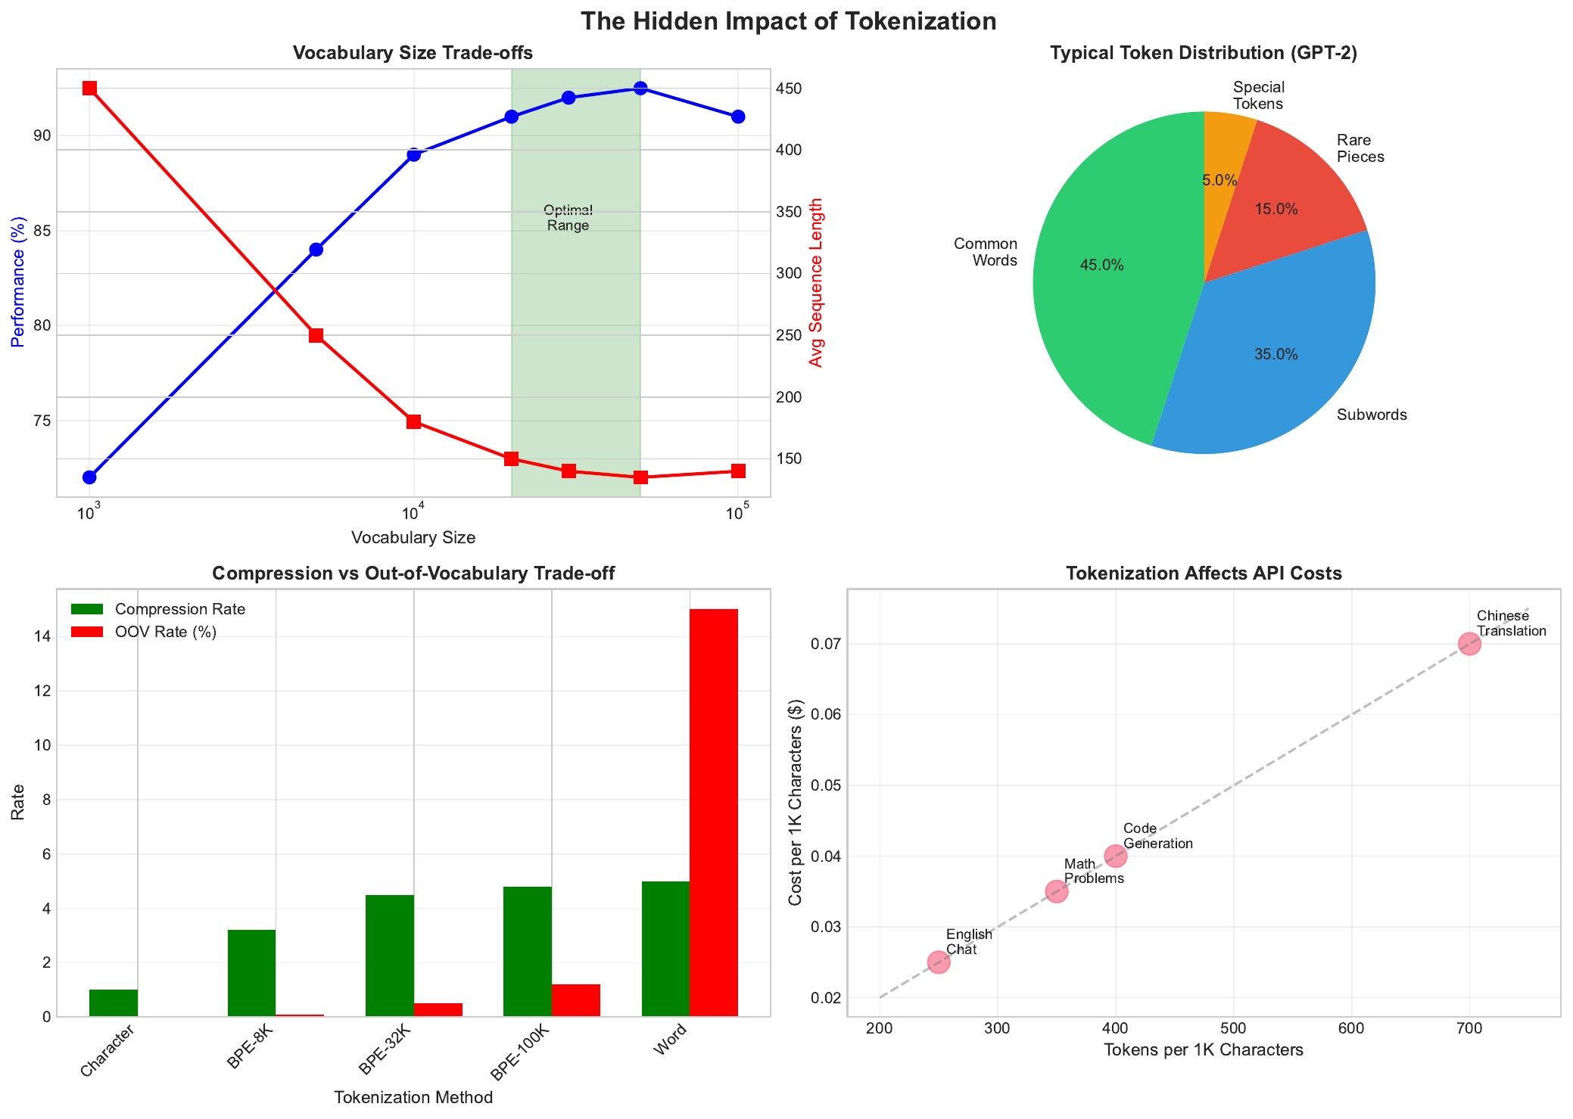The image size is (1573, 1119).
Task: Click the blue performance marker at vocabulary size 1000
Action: click(x=89, y=477)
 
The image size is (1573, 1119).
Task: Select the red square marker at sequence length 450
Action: click(x=89, y=89)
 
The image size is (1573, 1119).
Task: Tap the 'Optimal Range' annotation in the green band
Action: click(x=568, y=218)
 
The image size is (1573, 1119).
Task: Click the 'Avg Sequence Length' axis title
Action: click(x=816, y=283)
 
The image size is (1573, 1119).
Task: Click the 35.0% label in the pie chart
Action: click(x=1276, y=354)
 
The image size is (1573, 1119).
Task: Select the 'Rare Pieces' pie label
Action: click(x=1360, y=148)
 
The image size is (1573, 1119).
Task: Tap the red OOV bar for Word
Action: click(x=714, y=813)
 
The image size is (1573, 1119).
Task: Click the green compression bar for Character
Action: click(x=114, y=1003)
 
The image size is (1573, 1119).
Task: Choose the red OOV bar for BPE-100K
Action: click(x=576, y=1000)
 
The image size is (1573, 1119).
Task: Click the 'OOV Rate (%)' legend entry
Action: click(x=165, y=633)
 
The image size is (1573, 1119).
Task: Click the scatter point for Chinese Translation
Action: click(x=1469, y=644)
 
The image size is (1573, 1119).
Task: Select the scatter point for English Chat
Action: click(x=939, y=962)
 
